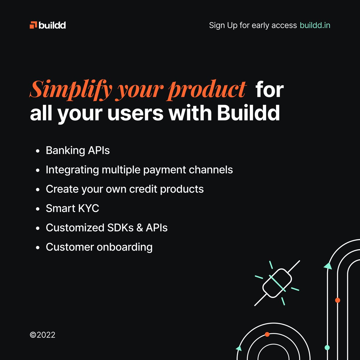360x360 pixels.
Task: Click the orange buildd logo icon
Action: tap(33, 25)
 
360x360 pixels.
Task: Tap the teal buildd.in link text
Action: tap(315, 25)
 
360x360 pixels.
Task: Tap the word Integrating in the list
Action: tap(72, 170)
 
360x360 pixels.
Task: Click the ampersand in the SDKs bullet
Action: tap(139, 228)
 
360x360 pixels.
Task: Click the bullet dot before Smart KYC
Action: tap(38, 209)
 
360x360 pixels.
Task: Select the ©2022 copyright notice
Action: tap(43, 335)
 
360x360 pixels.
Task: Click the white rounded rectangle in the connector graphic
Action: tap(277, 283)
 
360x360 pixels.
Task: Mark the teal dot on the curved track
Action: tap(327, 348)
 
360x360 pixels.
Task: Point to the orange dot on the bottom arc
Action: tap(267, 334)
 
